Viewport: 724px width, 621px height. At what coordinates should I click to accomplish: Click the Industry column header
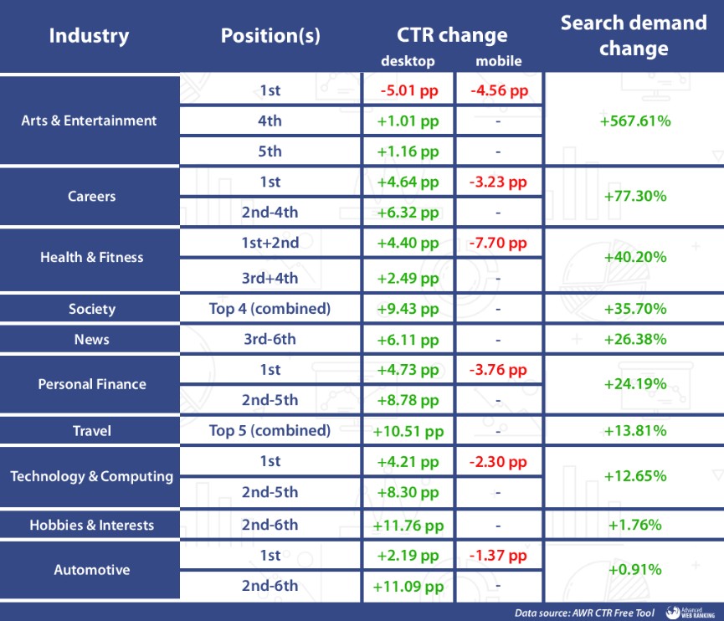click(89, 36)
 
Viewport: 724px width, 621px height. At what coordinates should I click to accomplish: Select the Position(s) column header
click(270, 36)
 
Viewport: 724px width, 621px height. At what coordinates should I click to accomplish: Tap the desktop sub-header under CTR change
click(408, 61)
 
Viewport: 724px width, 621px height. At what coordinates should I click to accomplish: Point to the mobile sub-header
click(499, 61)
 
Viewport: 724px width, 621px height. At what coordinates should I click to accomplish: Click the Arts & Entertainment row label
click(89, 121)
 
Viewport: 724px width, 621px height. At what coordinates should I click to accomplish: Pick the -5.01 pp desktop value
click(409, 90)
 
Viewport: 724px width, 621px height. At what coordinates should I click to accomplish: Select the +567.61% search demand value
click(635, 121)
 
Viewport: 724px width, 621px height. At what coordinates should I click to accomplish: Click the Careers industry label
click(92, 196)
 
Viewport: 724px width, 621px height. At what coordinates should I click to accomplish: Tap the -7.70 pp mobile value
click(498, 243)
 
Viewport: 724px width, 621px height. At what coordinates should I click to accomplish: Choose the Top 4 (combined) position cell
click(270, 309)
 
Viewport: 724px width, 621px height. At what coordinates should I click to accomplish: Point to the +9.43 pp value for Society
click(408, 309)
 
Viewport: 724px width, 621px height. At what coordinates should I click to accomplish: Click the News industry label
click(92, 339)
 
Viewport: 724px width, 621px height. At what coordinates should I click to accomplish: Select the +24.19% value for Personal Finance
click(635, 383)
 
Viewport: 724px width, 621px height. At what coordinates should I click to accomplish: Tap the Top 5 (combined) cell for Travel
click(270, 430)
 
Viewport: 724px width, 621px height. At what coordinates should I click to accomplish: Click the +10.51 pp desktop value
click(408, 431)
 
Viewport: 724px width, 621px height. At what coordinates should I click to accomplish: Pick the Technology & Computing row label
click(92, 476)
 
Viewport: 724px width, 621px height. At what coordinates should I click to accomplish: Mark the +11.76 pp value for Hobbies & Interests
click(408, 526)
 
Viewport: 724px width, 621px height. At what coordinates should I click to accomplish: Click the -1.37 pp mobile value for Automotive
click(498, 556)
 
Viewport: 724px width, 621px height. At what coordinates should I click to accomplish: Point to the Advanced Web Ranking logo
click(691, 613)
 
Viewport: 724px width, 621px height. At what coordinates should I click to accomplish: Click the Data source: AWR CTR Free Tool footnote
click(584, 613)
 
